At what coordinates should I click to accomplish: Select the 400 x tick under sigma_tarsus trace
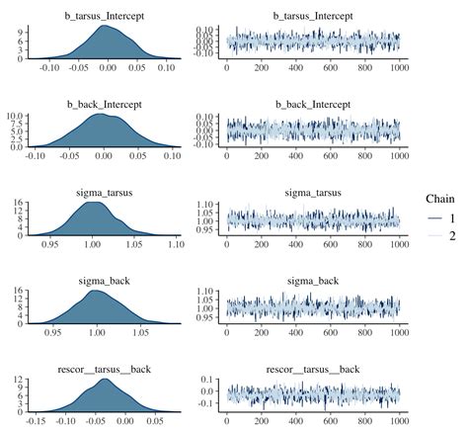pos(296,244)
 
